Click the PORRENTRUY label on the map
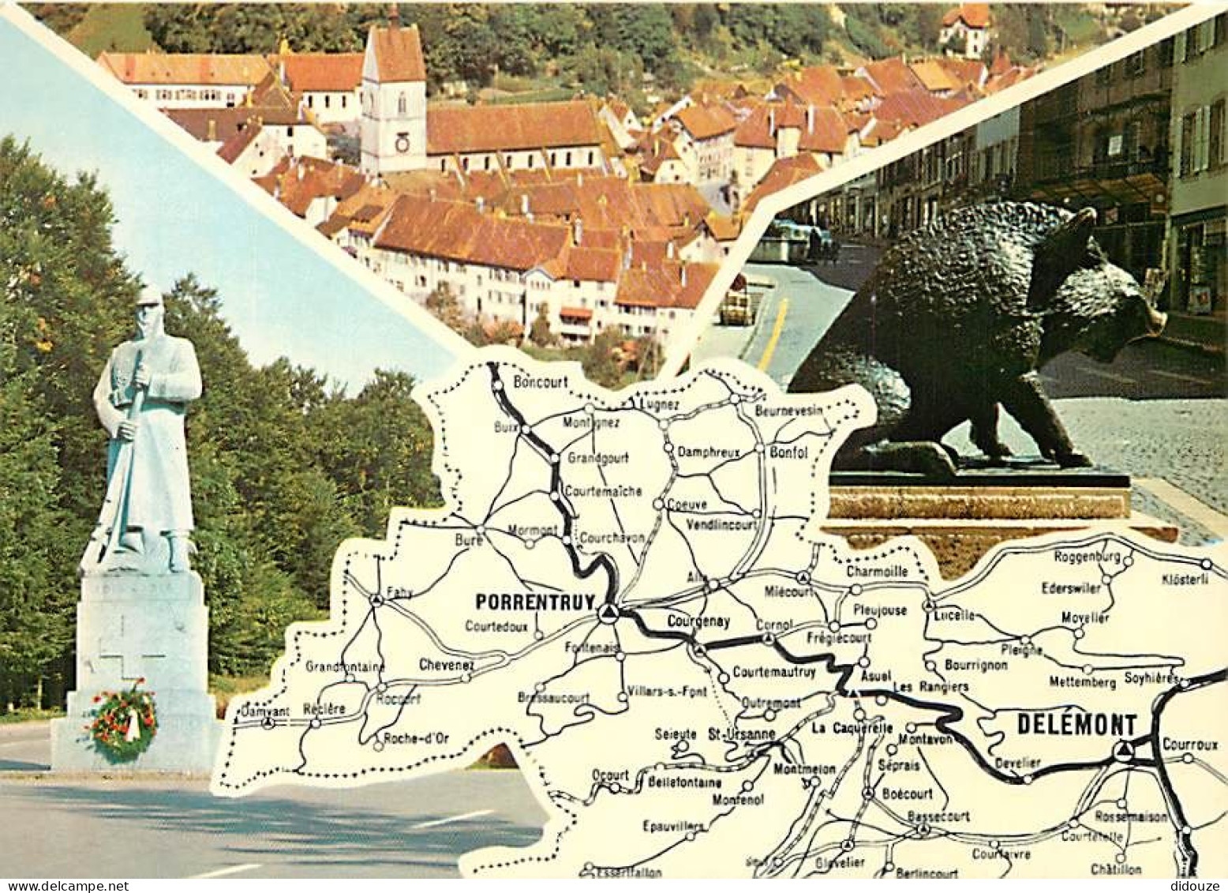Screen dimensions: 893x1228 pyautogui.click(x=534, y=602)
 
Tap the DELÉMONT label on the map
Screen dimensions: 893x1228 pyautogui.click(x=1076, y=725)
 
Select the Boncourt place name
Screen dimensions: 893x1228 pyautogui.click(x=541, y=381)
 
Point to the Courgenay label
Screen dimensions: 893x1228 pyautogui.click(x=698, y=621)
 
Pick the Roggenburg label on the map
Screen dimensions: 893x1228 pyautogui.click(x=1087, y=557)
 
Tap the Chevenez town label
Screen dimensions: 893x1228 pyautogui.click(x=447, y=665)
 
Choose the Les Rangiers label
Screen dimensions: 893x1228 pyautogui.click(x=930, y=687)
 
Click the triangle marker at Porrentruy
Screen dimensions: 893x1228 pyautogui.click(x=607, y=613)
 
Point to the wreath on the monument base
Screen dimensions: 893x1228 pyautogui.click(x=123, y=719)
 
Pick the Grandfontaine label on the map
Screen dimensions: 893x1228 pyautogui.click(x=345, y=666)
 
